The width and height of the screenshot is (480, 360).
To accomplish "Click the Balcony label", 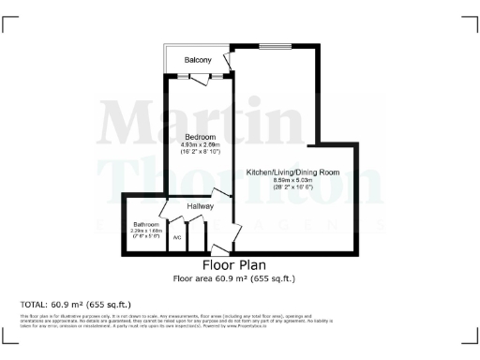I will (197, 61).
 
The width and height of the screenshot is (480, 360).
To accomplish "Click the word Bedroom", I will (200, 137).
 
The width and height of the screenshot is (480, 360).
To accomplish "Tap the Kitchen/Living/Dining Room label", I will (292, 172).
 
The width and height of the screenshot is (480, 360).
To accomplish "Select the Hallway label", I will (201, 206).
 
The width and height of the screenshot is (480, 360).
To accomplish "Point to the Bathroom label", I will (145, 225).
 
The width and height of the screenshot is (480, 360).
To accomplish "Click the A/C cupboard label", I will (175, 237).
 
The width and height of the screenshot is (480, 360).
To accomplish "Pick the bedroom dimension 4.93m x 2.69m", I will (200, 144).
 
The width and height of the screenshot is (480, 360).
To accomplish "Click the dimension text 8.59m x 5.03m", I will (292, 180).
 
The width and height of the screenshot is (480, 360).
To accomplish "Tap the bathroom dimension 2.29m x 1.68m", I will (145, 232).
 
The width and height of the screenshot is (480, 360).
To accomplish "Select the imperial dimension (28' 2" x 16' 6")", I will (292, 187).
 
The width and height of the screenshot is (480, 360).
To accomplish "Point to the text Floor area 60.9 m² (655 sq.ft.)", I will (229, 278).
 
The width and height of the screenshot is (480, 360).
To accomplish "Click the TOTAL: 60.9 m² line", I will (75, 305).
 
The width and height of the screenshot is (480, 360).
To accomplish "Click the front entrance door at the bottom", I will (219, 250).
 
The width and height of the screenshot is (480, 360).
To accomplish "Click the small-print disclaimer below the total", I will (187, 322).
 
